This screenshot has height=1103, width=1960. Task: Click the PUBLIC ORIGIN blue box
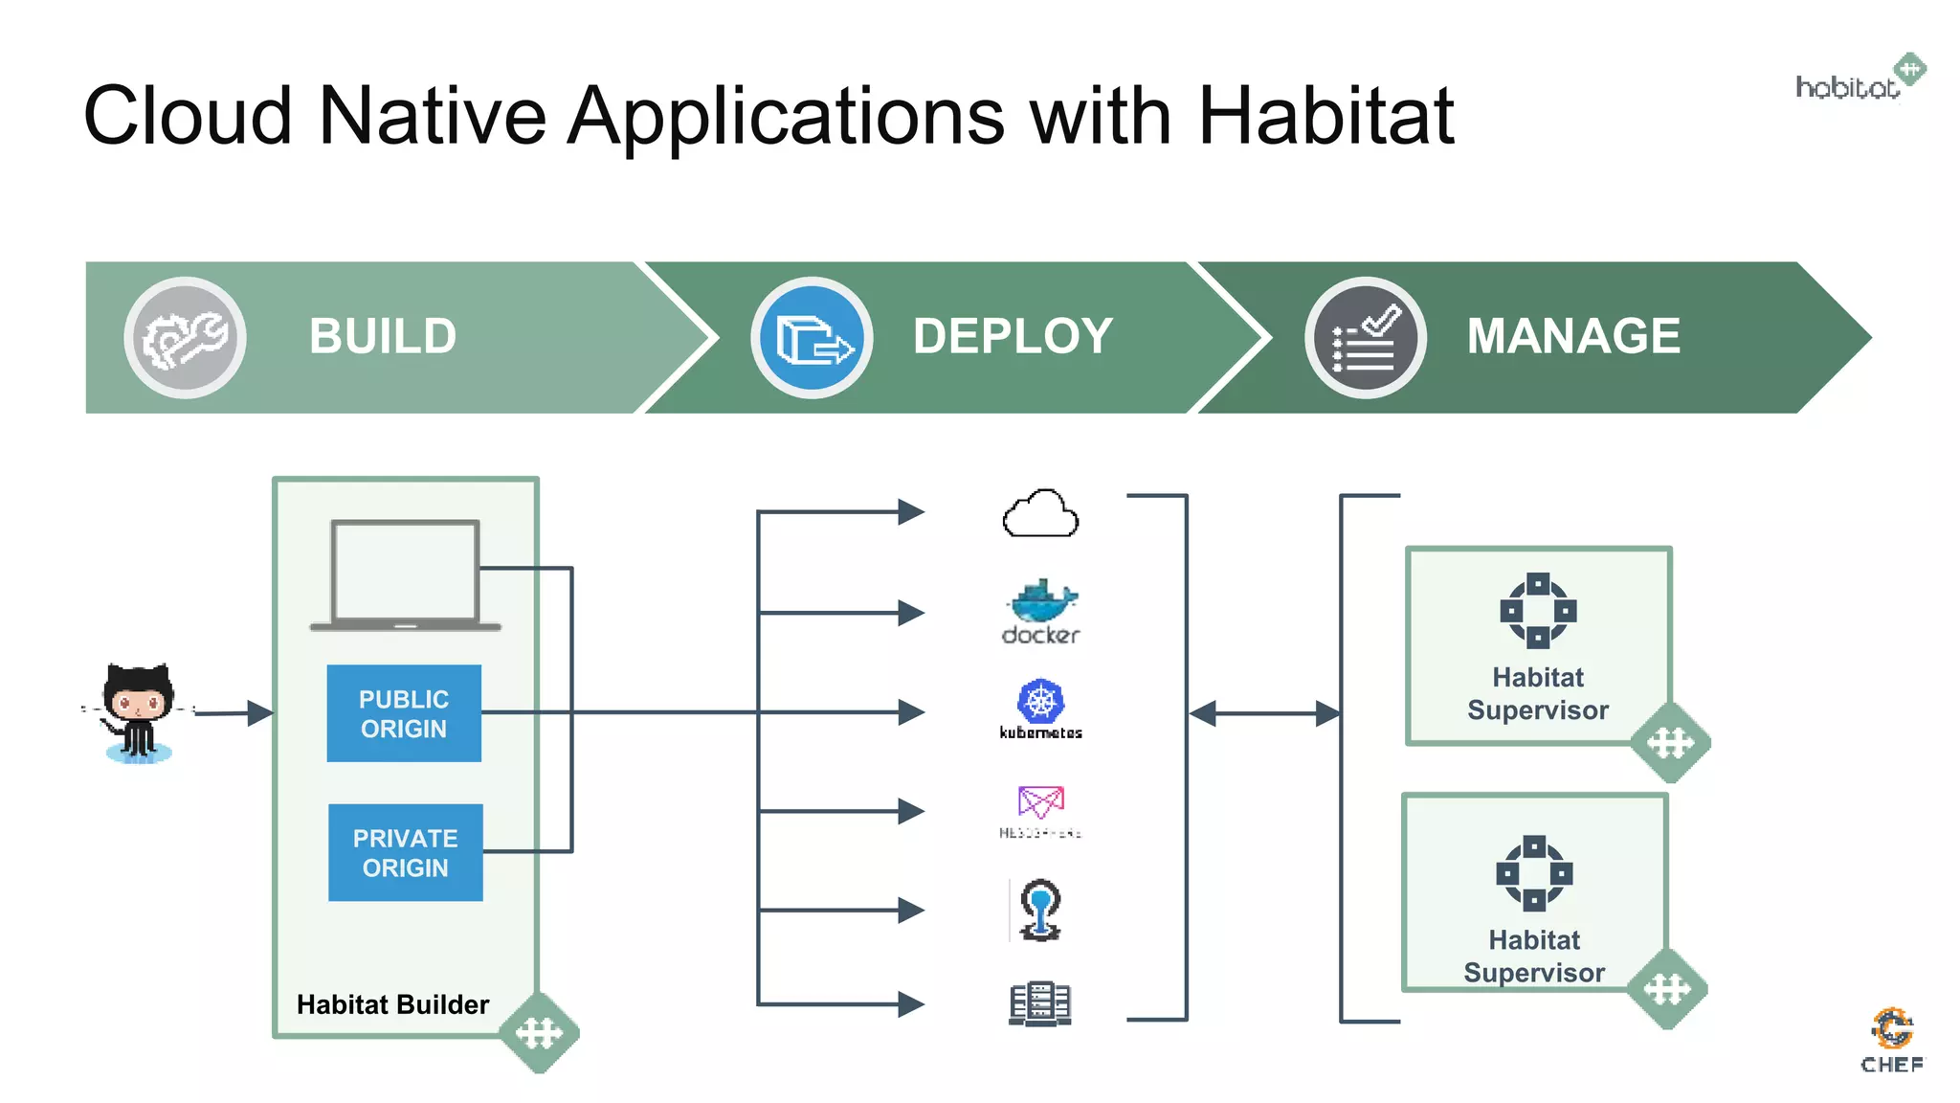point(404,713)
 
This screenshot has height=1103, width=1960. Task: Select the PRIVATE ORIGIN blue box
point(405,852)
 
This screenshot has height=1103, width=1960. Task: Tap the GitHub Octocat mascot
point(139,711)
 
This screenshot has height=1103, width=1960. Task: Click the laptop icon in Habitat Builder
point(405,574)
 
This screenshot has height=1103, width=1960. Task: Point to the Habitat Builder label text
point(392,1004)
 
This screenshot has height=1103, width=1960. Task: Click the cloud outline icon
point(1040,514)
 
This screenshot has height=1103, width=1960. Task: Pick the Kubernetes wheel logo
point(1040,703)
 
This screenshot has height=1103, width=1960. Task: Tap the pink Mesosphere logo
point(1040,802)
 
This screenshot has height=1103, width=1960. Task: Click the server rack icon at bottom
point(1040,1003)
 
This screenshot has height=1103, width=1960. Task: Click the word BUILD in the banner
point(383,336)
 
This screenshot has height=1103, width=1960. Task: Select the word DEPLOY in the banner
point(1013,336)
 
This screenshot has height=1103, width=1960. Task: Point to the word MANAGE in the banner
point(1573,336)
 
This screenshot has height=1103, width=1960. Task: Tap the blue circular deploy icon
point(812,338)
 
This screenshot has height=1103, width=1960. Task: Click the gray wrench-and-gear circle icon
point(185,338)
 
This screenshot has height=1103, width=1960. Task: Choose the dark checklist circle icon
point(1365,338)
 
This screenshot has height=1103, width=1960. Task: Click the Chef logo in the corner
point(1892,1040)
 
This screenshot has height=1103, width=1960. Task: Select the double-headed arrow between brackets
point(1264,713)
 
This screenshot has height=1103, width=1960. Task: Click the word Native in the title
point(432,116)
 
